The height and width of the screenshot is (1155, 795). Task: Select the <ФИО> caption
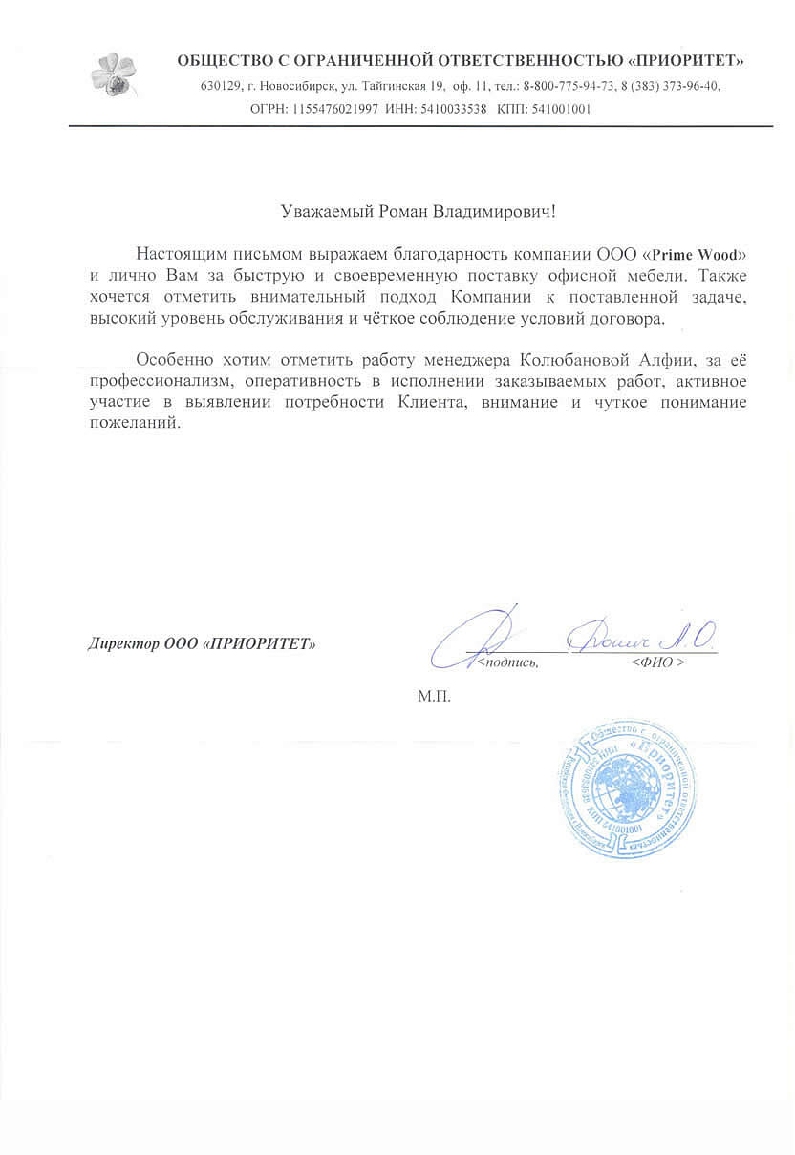point(657,661)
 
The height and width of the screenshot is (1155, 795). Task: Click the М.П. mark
point(432,697)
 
